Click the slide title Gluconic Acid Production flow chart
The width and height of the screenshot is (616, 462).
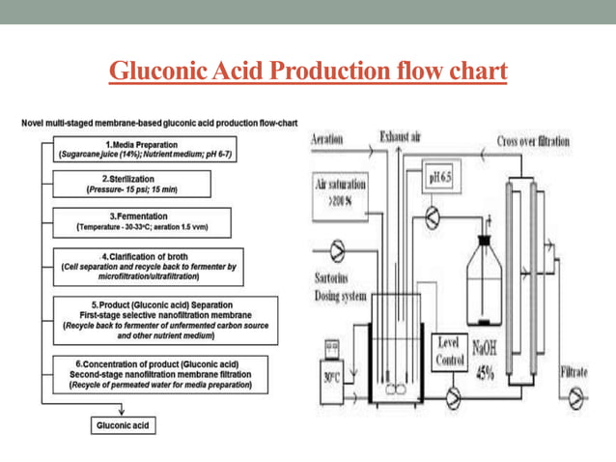[x=308, y=72]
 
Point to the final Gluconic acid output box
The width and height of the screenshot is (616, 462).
[x=123, y=424]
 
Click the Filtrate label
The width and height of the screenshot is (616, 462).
[x=579, y=372]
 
